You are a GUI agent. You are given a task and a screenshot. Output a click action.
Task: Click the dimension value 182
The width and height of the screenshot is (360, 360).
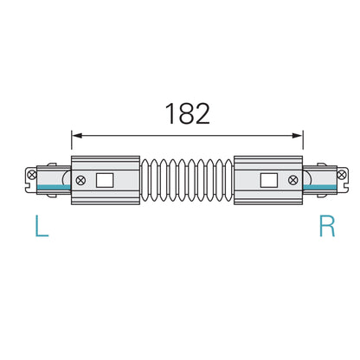pos(186,115)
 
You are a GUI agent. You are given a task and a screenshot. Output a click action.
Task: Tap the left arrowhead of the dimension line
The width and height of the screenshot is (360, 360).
pos(76,134)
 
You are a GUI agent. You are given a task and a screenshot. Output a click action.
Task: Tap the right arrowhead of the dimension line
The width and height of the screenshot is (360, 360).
pos(299,134)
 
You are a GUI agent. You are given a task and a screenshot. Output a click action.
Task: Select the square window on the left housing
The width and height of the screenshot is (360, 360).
pos(106,181)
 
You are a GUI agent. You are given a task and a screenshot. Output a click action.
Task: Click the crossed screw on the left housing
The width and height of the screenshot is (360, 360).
pos(80,181)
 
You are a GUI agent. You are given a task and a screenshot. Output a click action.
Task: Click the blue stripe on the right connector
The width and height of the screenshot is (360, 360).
pos(322,187)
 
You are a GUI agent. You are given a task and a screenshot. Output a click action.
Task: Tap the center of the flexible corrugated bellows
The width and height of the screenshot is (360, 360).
pos(187,181)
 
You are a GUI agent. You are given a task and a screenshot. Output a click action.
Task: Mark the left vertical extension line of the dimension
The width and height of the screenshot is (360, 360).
pos(71,144)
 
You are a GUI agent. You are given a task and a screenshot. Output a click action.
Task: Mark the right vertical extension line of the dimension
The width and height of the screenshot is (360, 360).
pos(304,144)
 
